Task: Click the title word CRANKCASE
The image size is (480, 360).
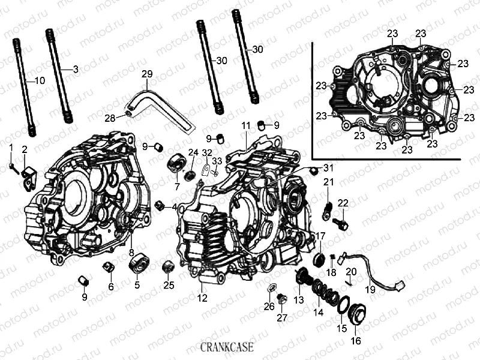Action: (227, 346)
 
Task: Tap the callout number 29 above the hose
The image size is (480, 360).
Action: (147, 74)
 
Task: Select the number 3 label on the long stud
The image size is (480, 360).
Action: (75, 70)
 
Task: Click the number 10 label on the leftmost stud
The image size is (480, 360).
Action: (39, 80)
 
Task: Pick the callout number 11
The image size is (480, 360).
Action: (246, 125)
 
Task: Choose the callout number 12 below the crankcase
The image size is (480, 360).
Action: (202, 297)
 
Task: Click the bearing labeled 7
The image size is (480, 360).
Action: (176, 163)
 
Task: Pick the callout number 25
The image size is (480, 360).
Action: (169, 284)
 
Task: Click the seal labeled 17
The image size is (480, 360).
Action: (320, 259)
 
